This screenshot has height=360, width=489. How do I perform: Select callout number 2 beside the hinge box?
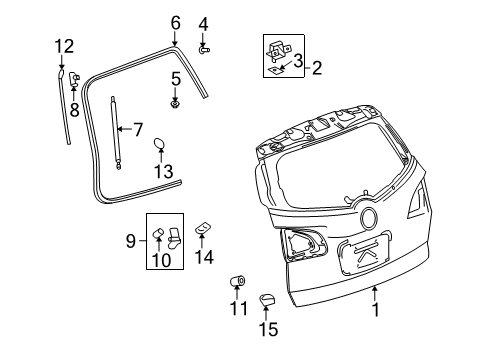(x=316, y=68)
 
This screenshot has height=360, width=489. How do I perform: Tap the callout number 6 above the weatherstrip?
(x=175, y=23)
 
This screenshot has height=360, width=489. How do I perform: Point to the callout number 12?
(x=63, y=45)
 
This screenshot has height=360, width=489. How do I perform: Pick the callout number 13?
(x=162, y=171)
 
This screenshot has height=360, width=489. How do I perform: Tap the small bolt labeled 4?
(x=203, y=48)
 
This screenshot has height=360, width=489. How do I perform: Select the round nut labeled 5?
(x=176, y=102)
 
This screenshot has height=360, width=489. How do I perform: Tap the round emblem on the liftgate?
(x=369, y=218)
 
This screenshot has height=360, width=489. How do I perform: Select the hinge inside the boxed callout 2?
(x=280, y=49)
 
